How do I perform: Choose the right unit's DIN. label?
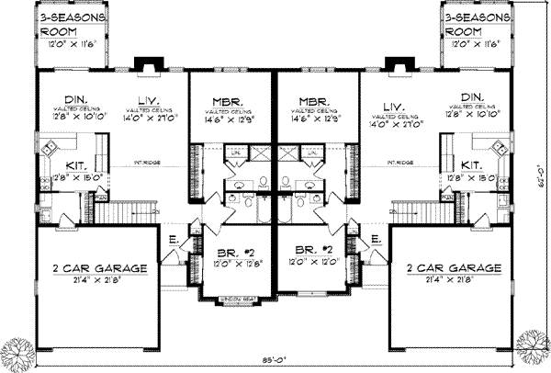pyautogui.click(x=475, y=96)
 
